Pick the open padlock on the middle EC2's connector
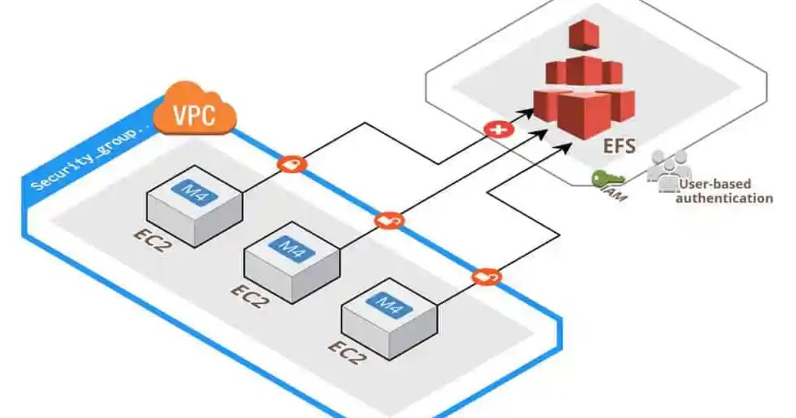pos(389,220)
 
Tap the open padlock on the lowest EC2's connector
pos(487,276)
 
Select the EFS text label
pos(620,147)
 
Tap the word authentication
pos(724,198)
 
